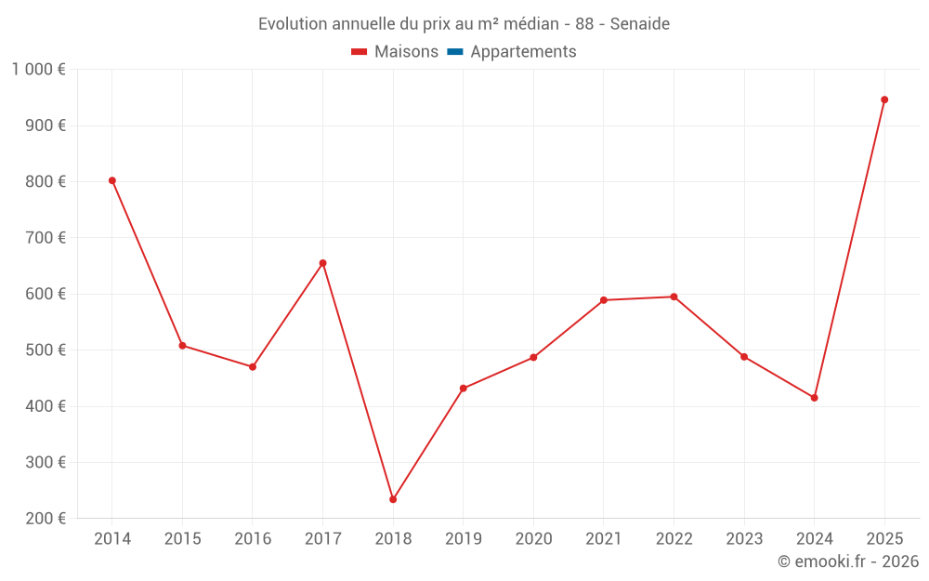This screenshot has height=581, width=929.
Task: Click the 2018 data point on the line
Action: click(x=393, y=499)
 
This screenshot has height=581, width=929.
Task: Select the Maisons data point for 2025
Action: click(x=884, y=99)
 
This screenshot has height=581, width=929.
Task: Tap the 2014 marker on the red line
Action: click(x=112, y=180)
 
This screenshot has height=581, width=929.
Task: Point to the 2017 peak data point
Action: click(x=322, y=263)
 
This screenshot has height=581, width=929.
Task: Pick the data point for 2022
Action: click(x=674, y=297)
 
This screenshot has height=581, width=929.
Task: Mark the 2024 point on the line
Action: click(x=814, y=398)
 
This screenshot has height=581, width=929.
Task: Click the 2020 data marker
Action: click(x=533, y=358)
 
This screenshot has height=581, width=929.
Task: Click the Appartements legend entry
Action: click(x=523, y=52)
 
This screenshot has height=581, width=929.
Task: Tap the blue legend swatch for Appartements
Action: click(x=455, y=52)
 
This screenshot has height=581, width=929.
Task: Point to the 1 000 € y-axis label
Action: click(x=38, y=69)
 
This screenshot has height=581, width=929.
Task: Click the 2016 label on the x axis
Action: click(x=253, y=539)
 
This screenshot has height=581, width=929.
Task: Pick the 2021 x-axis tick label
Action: click(x=604, y=539)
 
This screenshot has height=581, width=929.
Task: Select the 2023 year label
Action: click(x=744, y=539)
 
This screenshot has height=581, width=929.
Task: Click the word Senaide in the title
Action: click(x=640, y=24)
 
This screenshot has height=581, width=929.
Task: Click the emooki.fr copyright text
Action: click(x=848, y=561)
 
